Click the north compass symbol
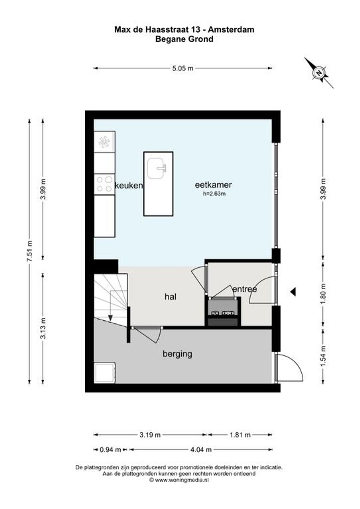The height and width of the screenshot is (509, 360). [319, 73]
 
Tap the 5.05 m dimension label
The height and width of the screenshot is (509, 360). [183, 68]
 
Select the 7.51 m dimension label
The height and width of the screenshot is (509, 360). [30, 251]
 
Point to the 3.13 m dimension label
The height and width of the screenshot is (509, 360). [43, 328]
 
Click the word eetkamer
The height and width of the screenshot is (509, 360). [213, 185]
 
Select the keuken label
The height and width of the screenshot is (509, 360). [129, 186]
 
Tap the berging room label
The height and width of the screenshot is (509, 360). [177, 354]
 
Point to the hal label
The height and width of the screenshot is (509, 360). [170, 296]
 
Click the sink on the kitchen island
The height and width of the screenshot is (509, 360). [157, 168]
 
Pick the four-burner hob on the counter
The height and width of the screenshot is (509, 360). [104, 184]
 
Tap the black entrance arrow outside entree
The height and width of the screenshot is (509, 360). [293, 291]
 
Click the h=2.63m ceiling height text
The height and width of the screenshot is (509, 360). [214, 194]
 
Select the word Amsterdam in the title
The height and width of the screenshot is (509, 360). [231, 30]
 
